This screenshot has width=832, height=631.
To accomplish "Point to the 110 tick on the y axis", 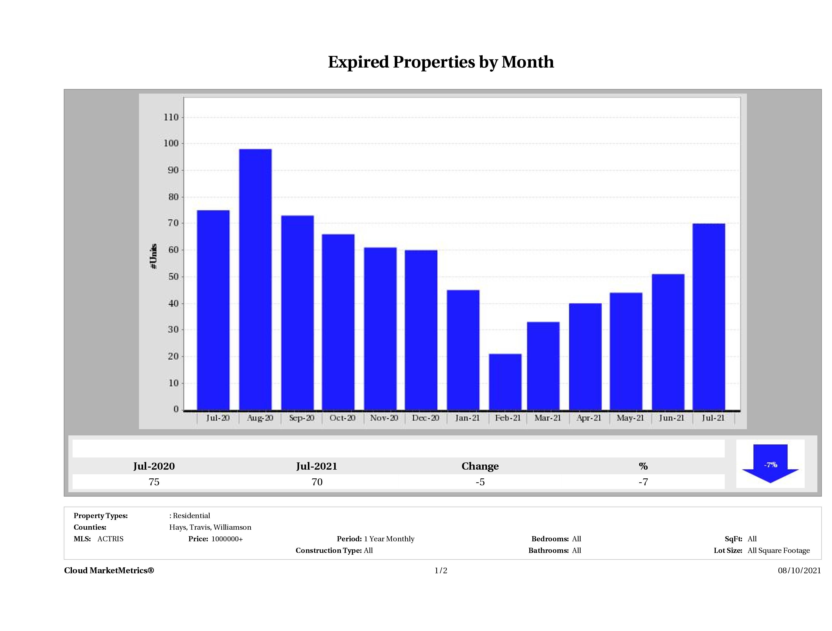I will pos(171,117).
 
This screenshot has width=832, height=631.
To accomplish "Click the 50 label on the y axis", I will pos(173,277).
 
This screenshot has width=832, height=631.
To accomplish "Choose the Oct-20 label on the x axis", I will pos(342,418).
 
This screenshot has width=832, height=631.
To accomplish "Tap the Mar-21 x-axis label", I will pos(548,418).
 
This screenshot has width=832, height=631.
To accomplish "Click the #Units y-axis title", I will pos(153,256).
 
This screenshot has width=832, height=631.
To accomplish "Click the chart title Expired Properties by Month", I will pos(441,62).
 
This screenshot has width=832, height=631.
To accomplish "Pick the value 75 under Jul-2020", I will pos(154,482).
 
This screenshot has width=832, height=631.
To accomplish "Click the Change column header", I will pos(480,466).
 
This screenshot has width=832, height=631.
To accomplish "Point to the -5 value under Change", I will pos(480,482).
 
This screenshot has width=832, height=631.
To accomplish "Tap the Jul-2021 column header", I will pos(317,466).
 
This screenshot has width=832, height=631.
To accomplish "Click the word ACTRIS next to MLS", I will pos(110,539).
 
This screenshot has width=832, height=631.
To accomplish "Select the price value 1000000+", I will pos(227,539).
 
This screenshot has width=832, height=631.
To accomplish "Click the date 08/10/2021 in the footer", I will pos(799,570).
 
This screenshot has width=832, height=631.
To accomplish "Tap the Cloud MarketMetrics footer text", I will pos(109,570).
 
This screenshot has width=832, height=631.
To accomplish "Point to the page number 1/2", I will pos(441,570).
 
